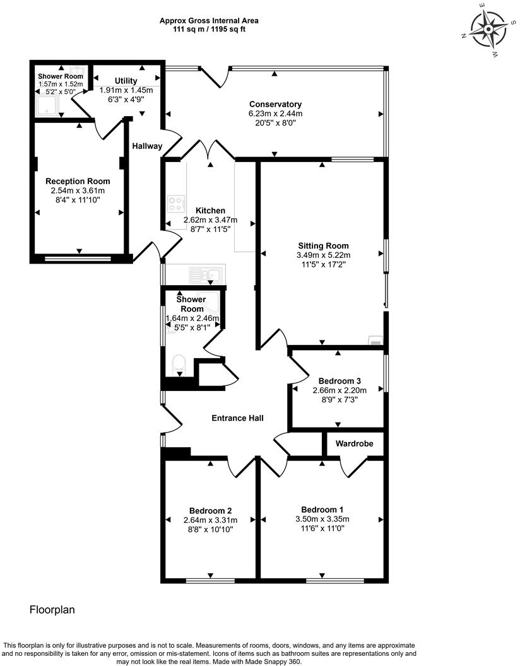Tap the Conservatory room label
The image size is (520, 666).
click(x=275, y=104)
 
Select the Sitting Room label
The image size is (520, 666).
click(x=322, y=246)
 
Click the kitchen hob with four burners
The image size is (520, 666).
click(x=175, y=204)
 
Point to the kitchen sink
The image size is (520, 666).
click(x=206, y=274)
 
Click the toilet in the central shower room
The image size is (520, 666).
click(x=179, y=364)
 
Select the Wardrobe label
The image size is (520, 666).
click(x=354, y=444)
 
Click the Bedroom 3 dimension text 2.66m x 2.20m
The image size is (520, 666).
click(x=340, y=390)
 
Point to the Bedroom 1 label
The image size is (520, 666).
click(x=322, y=510)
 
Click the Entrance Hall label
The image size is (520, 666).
click(x=237, y=418)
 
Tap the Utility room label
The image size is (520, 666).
click(x=126, y=81)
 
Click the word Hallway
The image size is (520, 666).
click(x=147, y=146)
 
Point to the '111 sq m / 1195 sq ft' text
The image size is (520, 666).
click(x=209, y=29)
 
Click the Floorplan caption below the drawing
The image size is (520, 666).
click(x=53, y=610)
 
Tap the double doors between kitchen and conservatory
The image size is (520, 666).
click(x=208, y=151)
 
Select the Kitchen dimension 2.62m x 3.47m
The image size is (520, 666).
click(x=210, y=220)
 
